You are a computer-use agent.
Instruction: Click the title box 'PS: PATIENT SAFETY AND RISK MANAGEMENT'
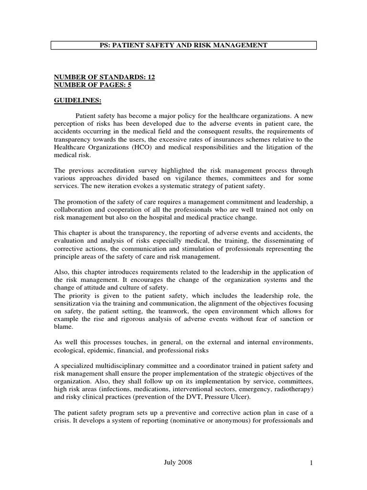pyautogui.click(x=183, y=45)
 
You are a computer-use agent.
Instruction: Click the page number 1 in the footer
pyautogui.click(x=311, y=462)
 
